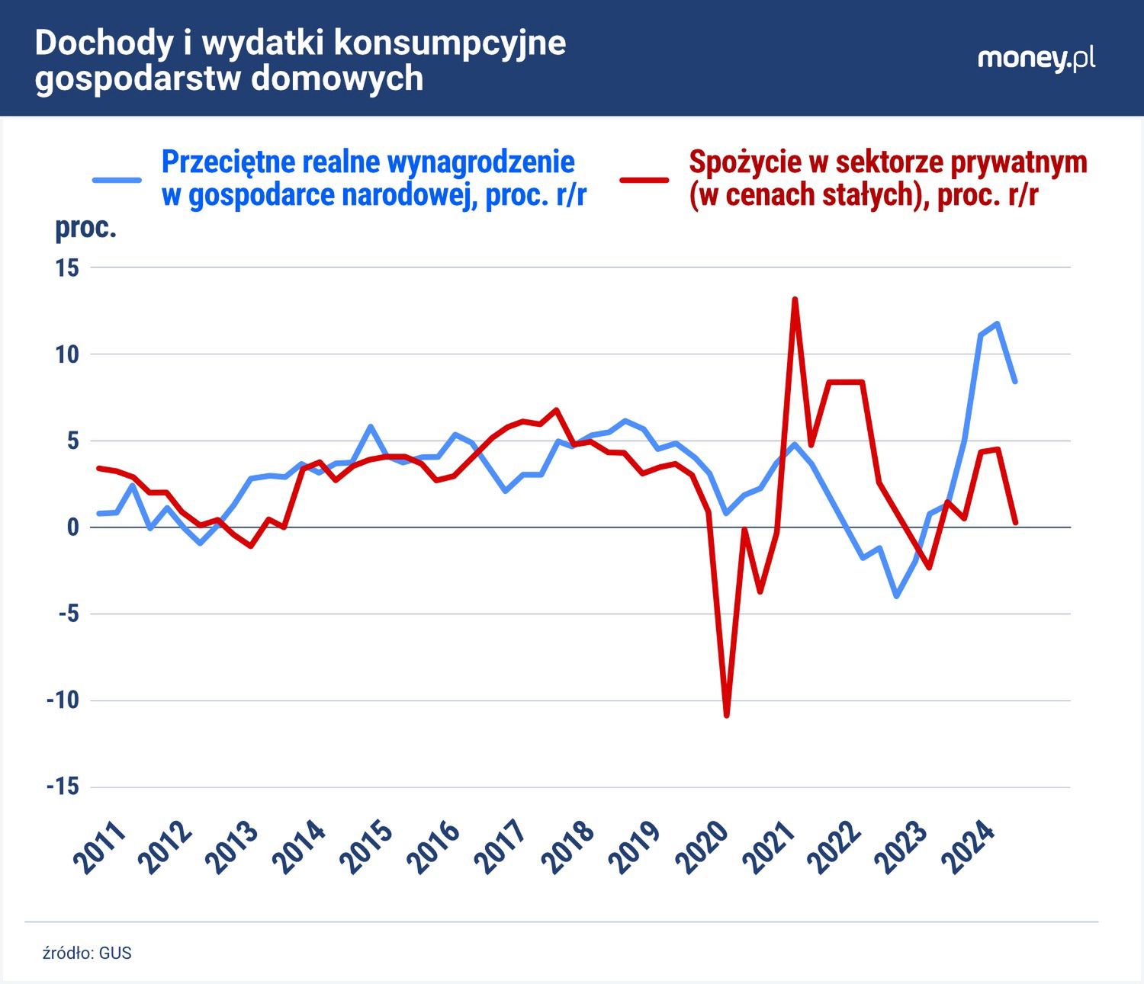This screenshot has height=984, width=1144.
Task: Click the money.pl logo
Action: pyautogui.click(x=1036, y=59)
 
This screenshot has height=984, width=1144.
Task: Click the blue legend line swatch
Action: pyautogui.click(x=117, y=180)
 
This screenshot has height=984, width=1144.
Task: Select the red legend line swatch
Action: pyautogui.click(x=644, y=180)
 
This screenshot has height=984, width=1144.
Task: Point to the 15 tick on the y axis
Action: pyautogui.click(x=67, y=268)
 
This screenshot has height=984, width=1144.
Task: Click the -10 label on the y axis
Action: pyautogui.click(x=62, y=700)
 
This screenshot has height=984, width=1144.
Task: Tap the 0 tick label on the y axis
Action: pyautogui.click(x=72, y=527)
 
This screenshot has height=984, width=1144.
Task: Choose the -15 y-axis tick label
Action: pyautogui.click(x=62, y=787)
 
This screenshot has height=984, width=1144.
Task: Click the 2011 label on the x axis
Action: pyautogui.click(x=100, y=848)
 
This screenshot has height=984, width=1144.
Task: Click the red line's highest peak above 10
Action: pyautogui.click(x=795, y=300)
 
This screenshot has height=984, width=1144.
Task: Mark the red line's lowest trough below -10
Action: pyautogui.click(x=726, y=715)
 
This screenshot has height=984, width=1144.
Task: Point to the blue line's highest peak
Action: pyautogui.click(x=997, y=324)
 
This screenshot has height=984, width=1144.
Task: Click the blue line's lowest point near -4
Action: pyautogui.click(x=896, y=596)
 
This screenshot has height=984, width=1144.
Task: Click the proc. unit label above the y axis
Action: pyautogui.click(x=85, y=228)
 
